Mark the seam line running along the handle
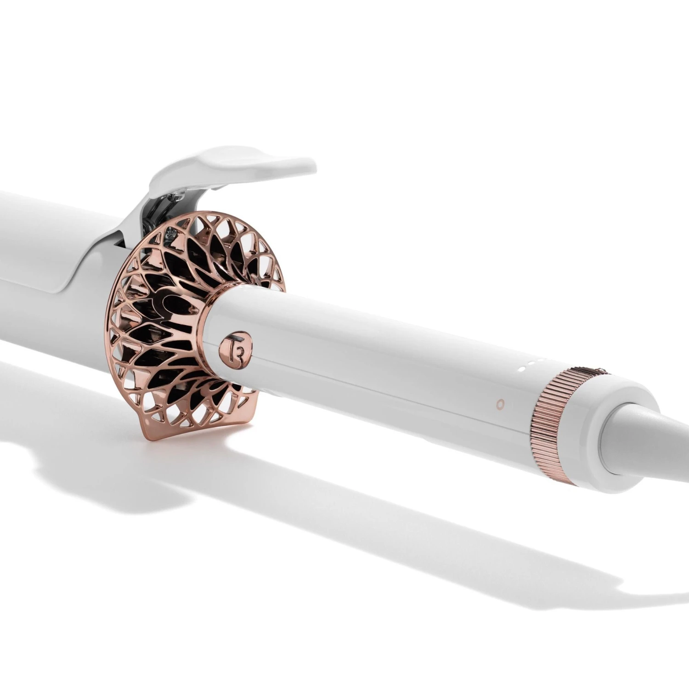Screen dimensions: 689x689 point(367,377)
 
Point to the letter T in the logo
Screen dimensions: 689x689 point(228,344)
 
